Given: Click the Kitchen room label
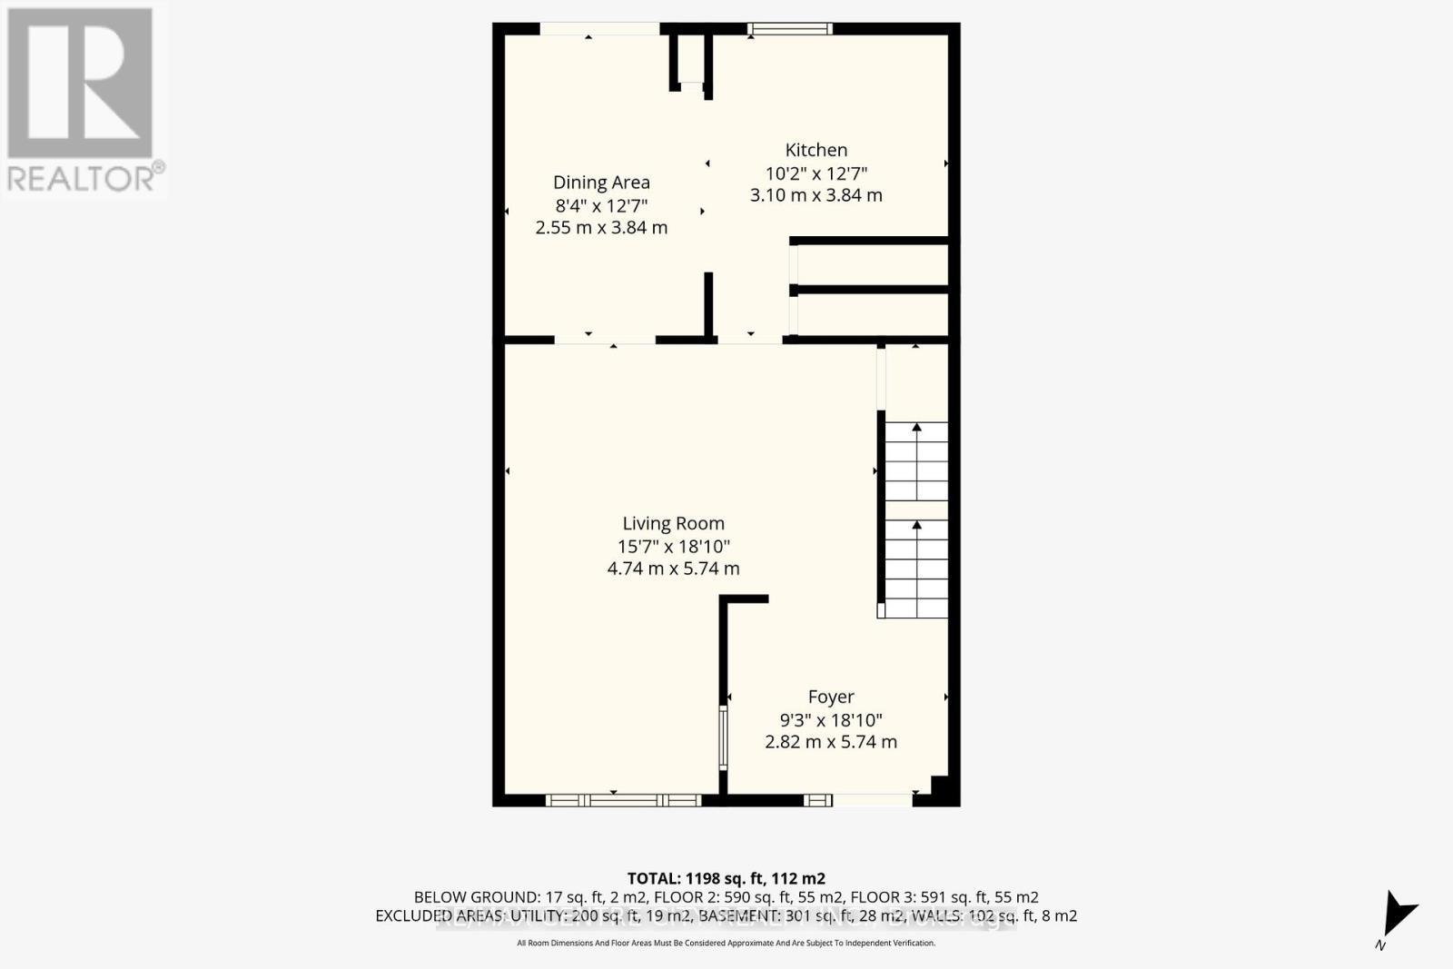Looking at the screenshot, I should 815,151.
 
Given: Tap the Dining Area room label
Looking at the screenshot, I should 601,183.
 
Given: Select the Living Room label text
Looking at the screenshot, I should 673,524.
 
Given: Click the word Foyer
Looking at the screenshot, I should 830,697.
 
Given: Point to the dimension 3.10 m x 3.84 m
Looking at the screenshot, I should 815,195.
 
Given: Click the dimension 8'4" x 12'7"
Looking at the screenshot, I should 601,206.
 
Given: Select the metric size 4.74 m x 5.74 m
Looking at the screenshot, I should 673,569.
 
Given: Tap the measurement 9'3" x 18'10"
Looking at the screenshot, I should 830,720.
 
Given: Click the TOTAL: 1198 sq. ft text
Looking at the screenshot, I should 726,878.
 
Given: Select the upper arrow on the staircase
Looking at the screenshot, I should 916,445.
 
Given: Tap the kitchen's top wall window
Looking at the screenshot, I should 789,29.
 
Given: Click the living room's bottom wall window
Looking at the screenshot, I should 624,800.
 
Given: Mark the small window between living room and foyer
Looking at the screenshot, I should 724,738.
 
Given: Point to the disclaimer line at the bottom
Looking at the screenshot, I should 726,944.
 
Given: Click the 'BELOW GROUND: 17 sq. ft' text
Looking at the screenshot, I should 502,897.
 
